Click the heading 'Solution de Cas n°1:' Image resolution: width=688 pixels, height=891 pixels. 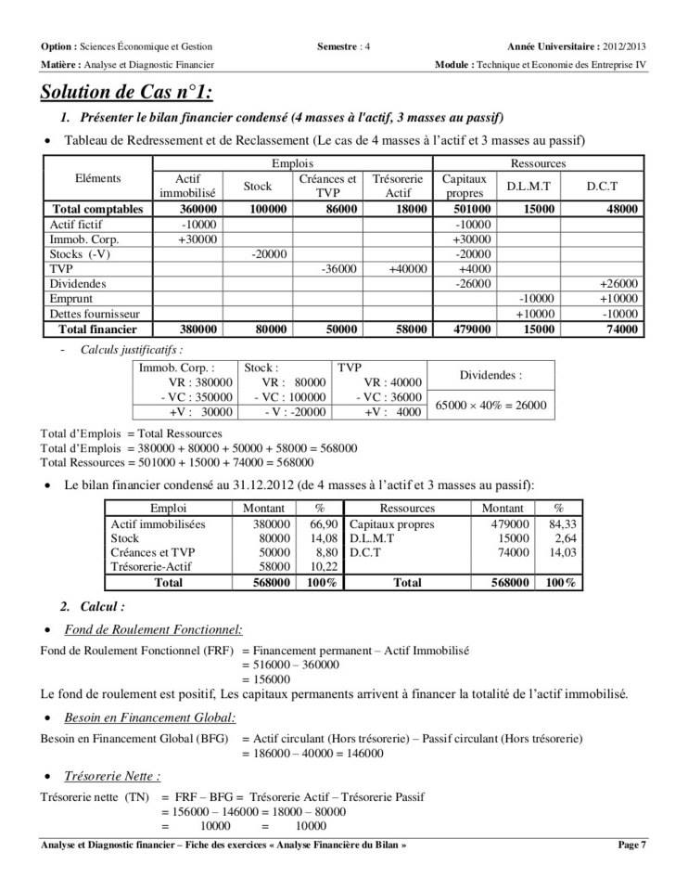[126, 93]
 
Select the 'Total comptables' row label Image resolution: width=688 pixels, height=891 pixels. [97, 209]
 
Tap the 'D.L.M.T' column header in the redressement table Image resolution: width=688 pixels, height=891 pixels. [528, 186]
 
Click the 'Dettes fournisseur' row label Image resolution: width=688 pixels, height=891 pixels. [94, 314]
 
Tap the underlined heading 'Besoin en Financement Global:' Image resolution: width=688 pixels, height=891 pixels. [149, 717]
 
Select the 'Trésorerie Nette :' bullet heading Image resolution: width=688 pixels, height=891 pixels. [112, 775]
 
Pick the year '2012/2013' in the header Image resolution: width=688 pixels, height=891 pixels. [623, 45]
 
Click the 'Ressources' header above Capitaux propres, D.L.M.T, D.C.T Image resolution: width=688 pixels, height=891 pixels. [539, 162]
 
